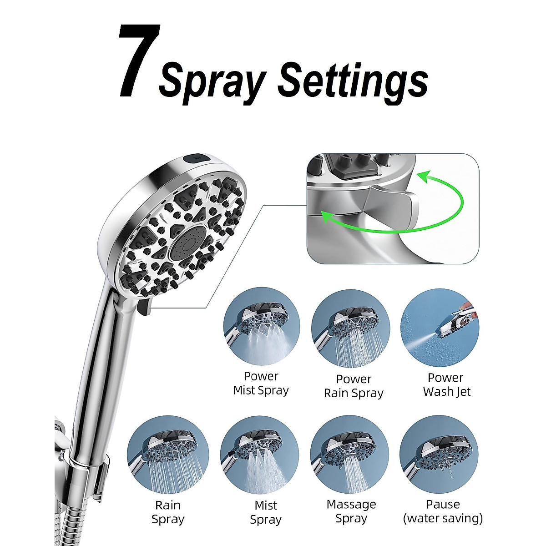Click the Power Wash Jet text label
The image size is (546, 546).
point(446,384)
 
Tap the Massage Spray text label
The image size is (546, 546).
point(351,511)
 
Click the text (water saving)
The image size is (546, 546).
point(443,518)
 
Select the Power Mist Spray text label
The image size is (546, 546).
point(261,383)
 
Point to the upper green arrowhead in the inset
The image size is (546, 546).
point(423,177)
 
